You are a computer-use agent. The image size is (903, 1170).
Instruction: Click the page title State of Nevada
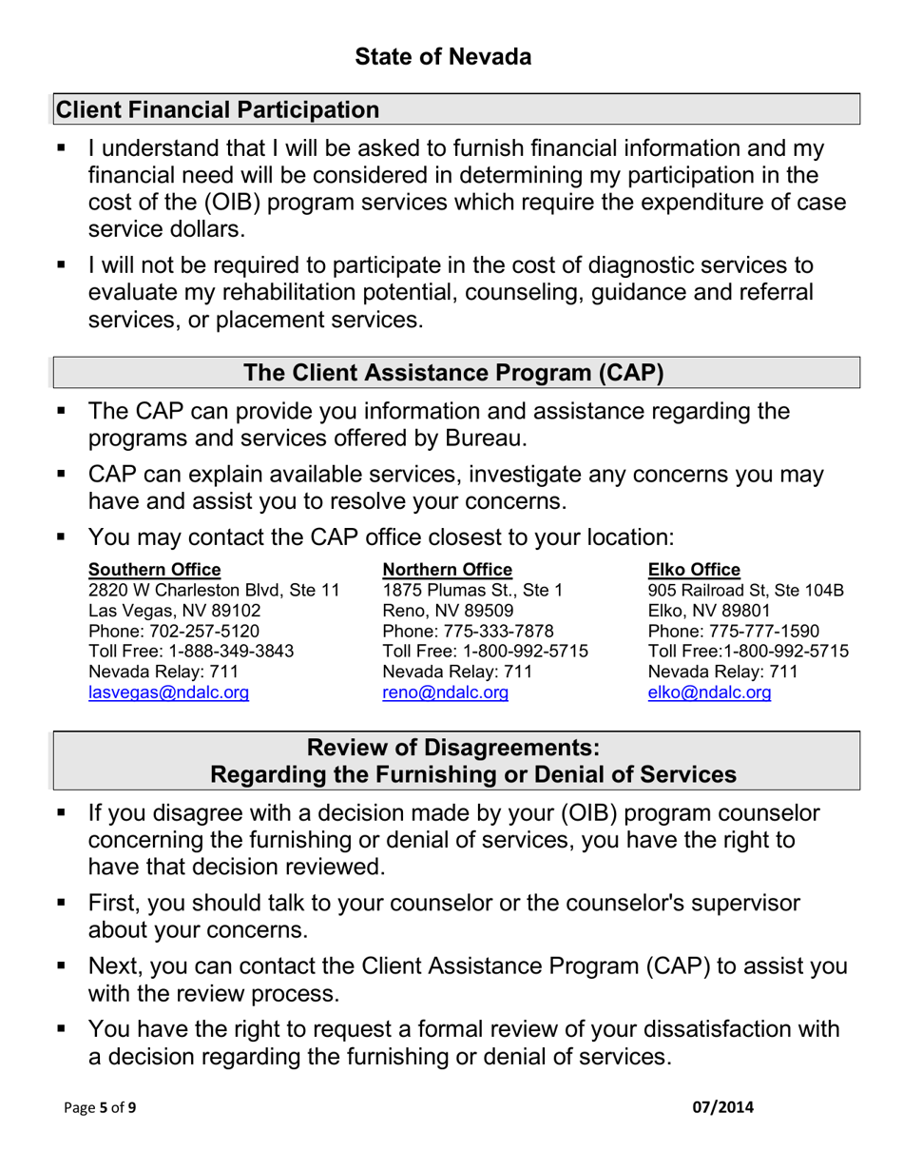point(443,57)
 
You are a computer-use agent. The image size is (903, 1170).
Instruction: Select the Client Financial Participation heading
point(218,110)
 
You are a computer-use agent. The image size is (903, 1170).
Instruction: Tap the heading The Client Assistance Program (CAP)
point(453,372)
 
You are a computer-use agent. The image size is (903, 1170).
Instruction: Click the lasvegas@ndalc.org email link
point(168,692)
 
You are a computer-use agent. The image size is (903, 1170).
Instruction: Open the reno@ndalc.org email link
point(445,692)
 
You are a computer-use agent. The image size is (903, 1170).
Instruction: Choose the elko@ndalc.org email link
point(709,692)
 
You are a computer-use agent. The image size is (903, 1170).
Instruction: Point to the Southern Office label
point(154,570)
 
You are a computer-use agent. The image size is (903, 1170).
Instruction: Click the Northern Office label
point(447,570)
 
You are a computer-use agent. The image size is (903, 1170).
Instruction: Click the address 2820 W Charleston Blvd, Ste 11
point(214,591)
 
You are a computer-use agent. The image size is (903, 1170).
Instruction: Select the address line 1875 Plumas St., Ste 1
point(472,591)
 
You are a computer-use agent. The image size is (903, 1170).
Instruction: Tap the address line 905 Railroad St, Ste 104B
point(745,591)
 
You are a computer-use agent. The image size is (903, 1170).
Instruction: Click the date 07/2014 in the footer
point(722,1107)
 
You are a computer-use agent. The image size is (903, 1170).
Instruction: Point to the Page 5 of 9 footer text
point(100,1108)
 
